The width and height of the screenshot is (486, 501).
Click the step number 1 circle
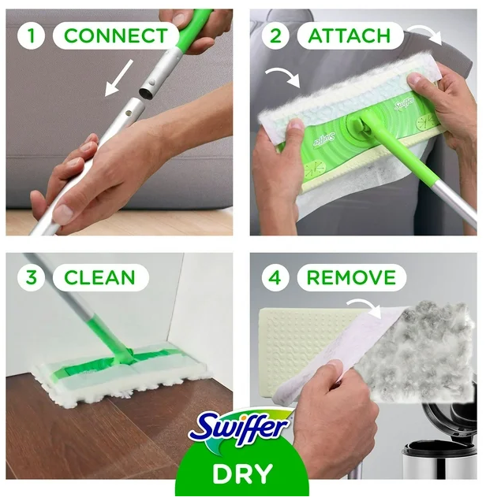click(x=31, y=35)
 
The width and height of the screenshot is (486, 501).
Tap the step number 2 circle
click(x=275, y=35)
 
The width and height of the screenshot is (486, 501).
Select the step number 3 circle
click(x=31, y=277)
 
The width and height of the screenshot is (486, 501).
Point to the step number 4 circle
click(x=275, y=277)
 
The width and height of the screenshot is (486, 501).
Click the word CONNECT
click(x=115, y=35)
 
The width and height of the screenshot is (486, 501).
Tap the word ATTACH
click(x=349, y=35)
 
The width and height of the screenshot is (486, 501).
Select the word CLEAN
click(x=99, y=277)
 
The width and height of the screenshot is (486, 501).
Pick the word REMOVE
click(x=351, y=277)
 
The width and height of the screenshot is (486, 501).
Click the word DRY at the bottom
click(x=242, y=473)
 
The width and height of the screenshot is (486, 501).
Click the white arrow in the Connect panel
click(x=118, y=78)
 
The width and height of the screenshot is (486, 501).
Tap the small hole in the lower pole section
click(x=129, y=113)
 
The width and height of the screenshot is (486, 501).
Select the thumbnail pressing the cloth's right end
click(x=415, y=78)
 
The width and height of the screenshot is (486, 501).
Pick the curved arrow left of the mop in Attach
click(x=283, y=76)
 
